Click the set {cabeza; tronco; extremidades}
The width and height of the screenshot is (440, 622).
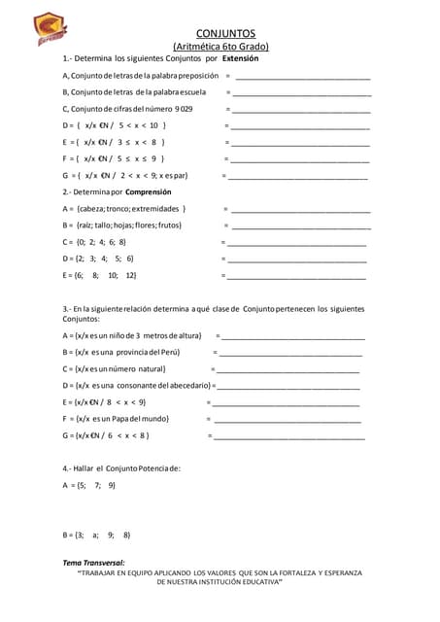click(132, 208)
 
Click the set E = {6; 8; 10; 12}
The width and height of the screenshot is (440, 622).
click(99, 275)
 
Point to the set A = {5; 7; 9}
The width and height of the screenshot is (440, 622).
click(89, 484)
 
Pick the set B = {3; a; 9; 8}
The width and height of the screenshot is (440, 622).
click(96, 535)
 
